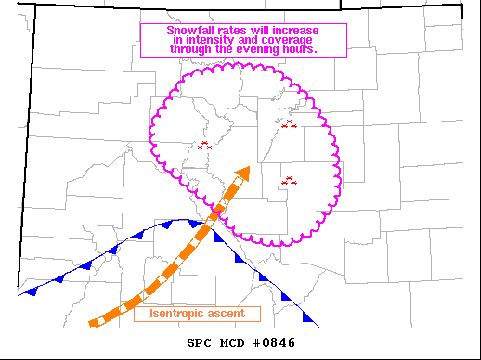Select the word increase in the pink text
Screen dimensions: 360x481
(294, 31)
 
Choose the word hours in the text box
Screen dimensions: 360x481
(299, 49)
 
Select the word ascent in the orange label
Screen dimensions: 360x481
(226, 314)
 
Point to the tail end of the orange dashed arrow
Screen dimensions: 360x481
(92, 323)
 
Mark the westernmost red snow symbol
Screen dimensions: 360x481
(205, 145)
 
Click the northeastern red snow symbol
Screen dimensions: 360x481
(289, 123)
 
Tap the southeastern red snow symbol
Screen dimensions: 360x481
(289, 181)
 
